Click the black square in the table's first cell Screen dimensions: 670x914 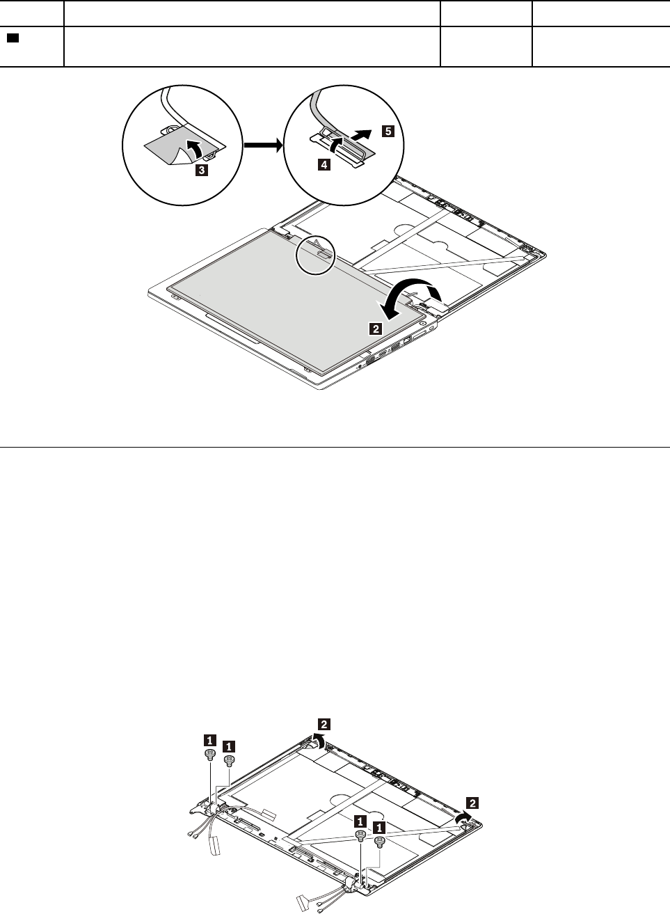pos(13,36)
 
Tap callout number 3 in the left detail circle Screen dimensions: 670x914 pos(200,168)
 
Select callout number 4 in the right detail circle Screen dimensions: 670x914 pos(324,165)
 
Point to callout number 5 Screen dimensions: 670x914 pos(388,131)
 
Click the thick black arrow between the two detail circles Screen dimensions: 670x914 pos(262,145)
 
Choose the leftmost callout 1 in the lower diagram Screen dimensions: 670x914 pos(209,740)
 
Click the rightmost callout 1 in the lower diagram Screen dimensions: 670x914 pos(380,828)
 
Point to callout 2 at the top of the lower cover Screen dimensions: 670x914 pos(324,723)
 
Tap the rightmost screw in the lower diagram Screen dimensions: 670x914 pos(380,842)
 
